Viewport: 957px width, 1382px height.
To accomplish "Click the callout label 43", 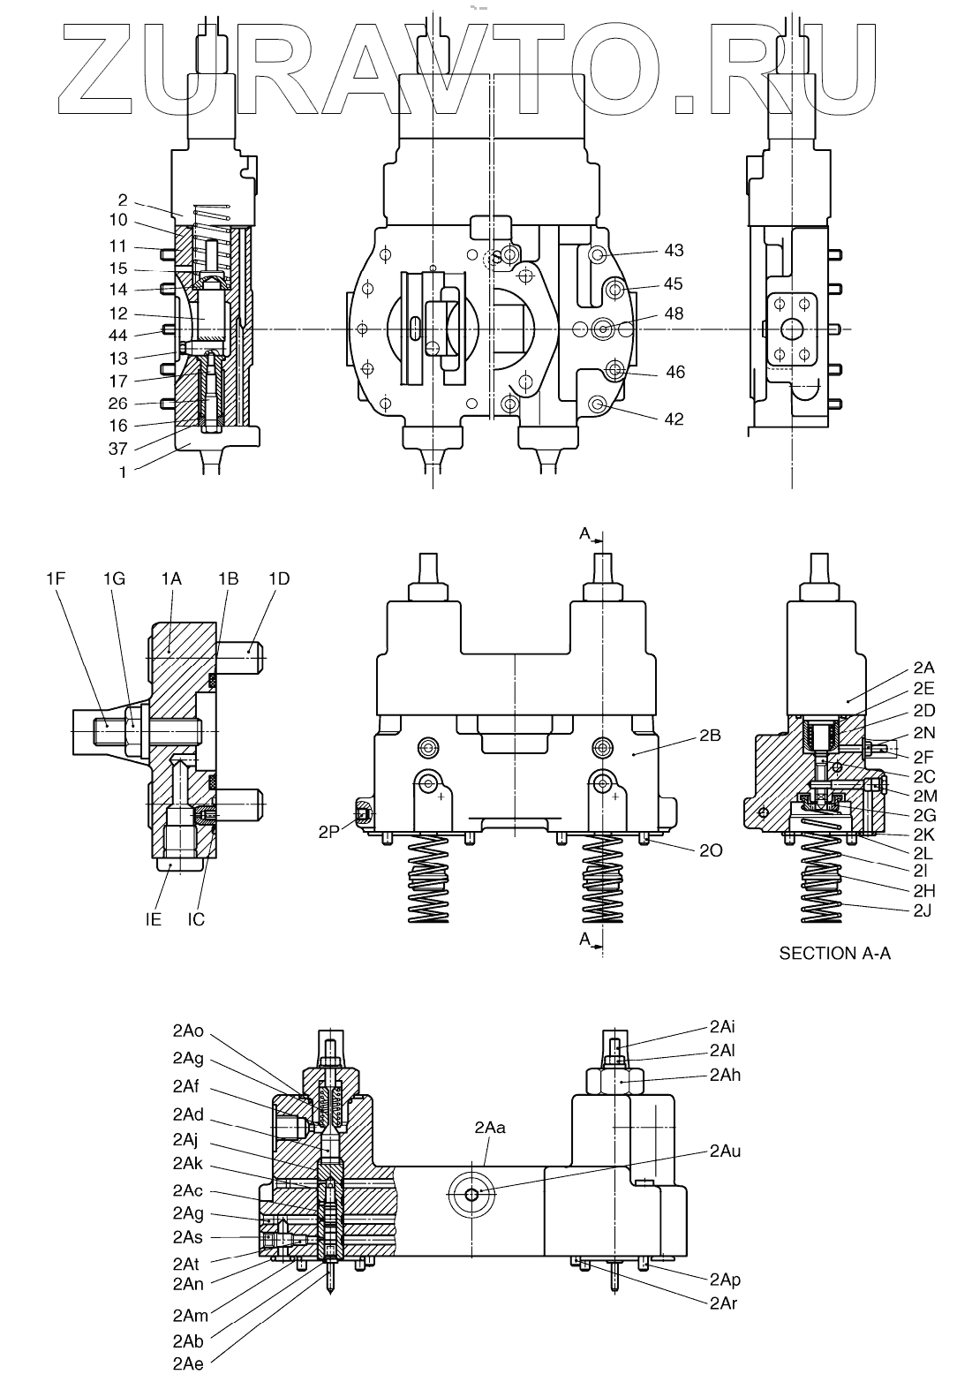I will (x=674, y=251).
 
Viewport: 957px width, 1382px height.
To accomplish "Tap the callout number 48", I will (x=674, y=314).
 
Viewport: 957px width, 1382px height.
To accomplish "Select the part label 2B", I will (x=708, y=733).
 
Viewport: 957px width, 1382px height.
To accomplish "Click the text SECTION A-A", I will (x=834, y=954).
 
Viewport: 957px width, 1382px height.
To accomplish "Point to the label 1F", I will (x=56, y=578).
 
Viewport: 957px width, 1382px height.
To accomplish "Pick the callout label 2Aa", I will (x=490, y=1128).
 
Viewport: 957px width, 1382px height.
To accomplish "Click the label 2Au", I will (x=724, y=1152).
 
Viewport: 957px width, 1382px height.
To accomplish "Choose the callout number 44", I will (x=118, y=336).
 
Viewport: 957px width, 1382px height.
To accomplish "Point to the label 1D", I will (x=279, y=578).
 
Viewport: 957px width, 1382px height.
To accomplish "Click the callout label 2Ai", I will (x=721, y=1027).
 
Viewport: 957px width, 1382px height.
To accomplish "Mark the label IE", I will (x=154, y=919).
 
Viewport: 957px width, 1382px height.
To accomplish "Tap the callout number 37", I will (x=118, y=449).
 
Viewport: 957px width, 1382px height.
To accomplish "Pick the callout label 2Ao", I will (x=188, y=1031).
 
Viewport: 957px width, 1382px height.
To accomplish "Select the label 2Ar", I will (x=724, y=1303).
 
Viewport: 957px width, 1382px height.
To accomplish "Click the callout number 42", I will (x=674, y=419).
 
